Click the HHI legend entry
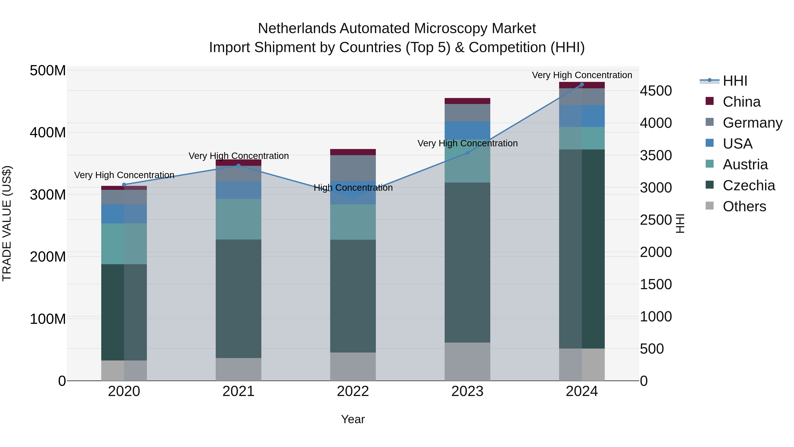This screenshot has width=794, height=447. (735, 81)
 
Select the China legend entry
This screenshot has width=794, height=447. (741, 102)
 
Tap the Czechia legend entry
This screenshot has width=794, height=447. (748, 185)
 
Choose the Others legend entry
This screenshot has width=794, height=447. (744, 206)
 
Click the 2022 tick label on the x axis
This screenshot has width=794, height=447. (353, 391)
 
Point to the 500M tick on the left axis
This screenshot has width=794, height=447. (48, 71)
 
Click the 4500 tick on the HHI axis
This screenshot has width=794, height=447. (656, 91)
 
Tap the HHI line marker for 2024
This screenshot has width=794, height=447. (582, 85)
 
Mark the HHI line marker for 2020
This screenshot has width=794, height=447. (124, 185)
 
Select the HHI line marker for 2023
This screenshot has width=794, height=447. (467, 153)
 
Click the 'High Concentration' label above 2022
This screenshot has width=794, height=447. (353, 188)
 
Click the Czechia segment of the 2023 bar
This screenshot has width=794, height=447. (467, 262)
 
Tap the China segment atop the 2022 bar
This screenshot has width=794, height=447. (353, 152)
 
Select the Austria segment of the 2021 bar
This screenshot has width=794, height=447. (238, 219)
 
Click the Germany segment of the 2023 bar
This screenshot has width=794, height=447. (467, 113)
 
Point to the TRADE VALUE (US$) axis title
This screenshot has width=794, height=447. (7, 223)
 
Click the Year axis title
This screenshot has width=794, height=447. (353, 419)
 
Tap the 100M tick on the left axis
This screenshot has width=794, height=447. (48, 319)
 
